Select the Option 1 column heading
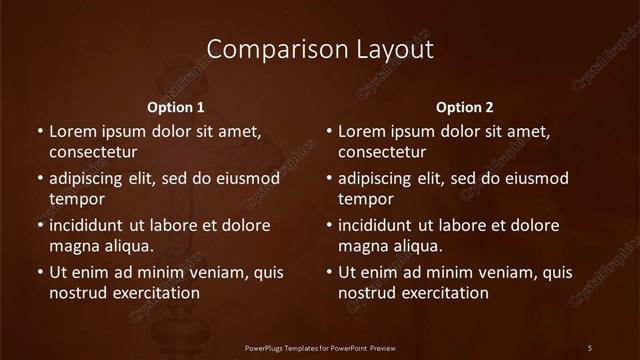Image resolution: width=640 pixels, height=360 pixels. [x=176, y=107]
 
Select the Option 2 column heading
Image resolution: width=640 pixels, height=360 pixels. [x=465, y=107]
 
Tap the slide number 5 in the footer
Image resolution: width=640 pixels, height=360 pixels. [x=590, y=347]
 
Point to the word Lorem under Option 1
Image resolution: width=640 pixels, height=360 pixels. [x=72, y=131]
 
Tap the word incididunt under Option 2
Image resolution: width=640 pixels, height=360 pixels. [x=376, y=225]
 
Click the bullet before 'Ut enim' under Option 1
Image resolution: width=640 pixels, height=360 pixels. [x=39, y=272]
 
